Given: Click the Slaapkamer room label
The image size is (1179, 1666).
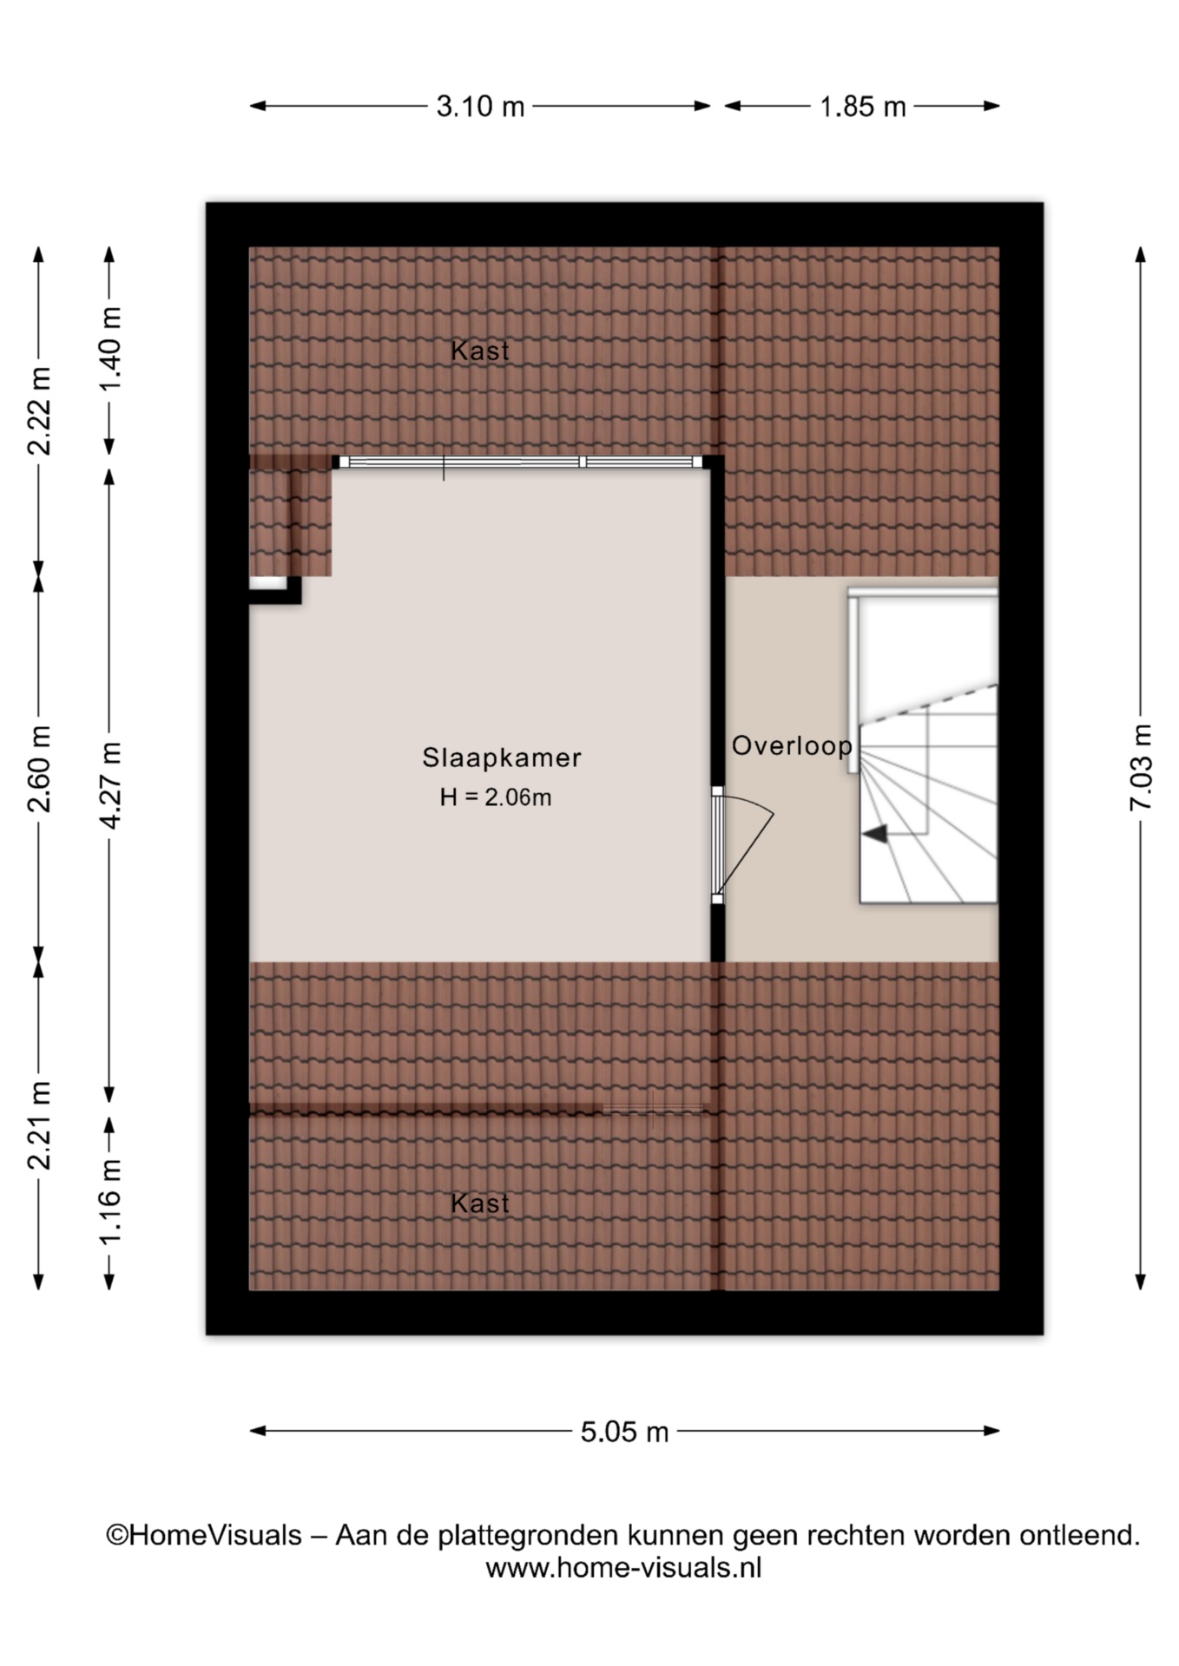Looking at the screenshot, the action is pyautogui.click(x=501, y=758).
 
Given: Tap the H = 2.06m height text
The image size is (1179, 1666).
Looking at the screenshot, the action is pyautogui.click(x=496, y=797).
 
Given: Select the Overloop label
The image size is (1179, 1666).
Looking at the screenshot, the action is pyautogui.click(x=792, y=745).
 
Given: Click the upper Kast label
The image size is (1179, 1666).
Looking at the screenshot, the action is pyautogui.click(x=480, y=351).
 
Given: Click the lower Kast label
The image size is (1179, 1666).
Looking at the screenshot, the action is pyautogui.click(x=480, y=1204).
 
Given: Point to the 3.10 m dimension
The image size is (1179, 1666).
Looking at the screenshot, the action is pyautogui.click(x=480, y=107).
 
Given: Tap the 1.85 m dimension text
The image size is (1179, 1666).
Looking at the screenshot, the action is pyautogui.click(x=863, y=107).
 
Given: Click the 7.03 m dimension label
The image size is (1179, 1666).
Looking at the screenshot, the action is pyautogui.click(x=1141, y=767).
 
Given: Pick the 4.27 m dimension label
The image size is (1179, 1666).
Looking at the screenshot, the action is pyautogui.click(x=109, y=785).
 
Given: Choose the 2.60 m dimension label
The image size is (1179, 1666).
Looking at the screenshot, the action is pyautogui.click(x=39, y=768).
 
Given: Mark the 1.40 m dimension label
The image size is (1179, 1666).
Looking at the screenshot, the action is pyautogui.click(x=109, y=349).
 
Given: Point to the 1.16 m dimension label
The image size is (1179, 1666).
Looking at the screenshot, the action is pyautogui.click(x=109, y=1201).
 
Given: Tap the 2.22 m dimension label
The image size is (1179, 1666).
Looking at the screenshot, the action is pyautogui.click(x=39, y=410).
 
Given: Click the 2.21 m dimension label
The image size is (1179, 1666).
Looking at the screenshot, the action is pyautogui.click(x=39, y=1125).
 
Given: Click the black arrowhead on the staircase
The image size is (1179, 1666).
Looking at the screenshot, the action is pyautogui.click(x=874, y=834).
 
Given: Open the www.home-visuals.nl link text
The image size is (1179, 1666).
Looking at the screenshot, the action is pyautogui.click(x=623, y=1568).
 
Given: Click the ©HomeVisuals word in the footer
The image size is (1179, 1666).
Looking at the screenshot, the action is pyautogui.click(x=204, y=1535).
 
